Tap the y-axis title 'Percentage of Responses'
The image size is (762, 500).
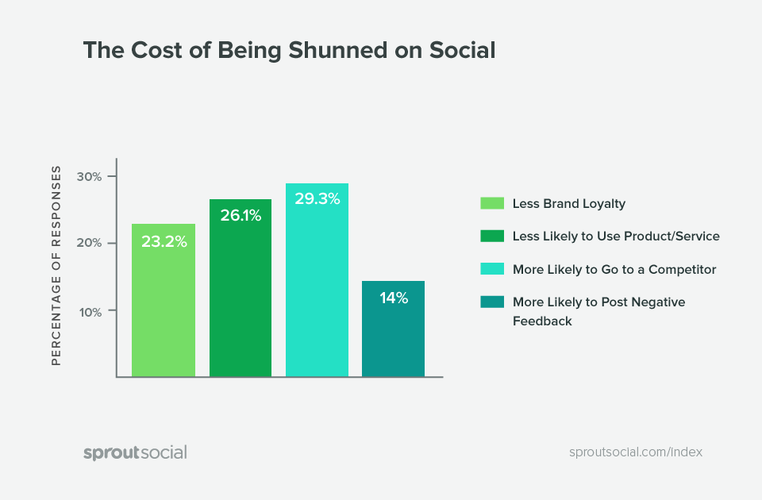[56, 265]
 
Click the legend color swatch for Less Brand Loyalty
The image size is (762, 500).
[492, 203]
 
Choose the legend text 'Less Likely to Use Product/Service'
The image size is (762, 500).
[616, 237]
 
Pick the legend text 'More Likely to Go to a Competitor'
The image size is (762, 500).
[614, 270]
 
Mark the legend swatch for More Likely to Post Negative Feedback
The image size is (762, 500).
[492, 302]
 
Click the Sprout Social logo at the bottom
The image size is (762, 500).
[135, 452]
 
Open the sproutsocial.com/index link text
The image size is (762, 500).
[636, 452]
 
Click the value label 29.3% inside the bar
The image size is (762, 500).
[317, 199]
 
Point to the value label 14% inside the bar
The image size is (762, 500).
[393, 298]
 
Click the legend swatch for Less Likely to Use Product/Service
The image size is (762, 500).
[492, 237]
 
